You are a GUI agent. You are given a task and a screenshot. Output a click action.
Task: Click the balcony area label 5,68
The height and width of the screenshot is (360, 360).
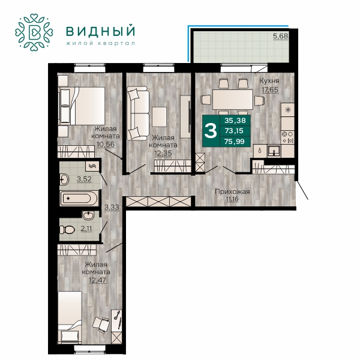click(280, 36)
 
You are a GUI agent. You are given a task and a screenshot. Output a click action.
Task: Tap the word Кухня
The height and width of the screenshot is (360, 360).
click(269, 80)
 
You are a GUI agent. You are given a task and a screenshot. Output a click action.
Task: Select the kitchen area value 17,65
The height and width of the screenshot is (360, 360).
click(270, 89)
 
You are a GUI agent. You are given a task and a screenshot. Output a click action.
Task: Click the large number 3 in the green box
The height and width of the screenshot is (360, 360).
click(211, 131)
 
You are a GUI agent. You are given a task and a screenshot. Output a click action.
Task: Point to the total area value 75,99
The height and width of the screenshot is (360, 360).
click(235, 142)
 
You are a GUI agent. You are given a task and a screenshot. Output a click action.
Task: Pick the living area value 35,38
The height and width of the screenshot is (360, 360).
click(235, 121)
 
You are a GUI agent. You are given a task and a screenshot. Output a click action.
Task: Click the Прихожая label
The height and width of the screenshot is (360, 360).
click(232, 191)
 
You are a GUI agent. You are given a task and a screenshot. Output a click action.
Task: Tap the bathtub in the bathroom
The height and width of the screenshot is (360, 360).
click(79, 199)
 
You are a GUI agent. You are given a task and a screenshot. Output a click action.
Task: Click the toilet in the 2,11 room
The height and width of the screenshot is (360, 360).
click(67, 230)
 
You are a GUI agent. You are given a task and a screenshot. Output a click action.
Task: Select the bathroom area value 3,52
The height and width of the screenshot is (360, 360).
click(84, 179)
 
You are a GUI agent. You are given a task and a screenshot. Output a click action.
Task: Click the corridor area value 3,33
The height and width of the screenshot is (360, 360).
click(112, 208)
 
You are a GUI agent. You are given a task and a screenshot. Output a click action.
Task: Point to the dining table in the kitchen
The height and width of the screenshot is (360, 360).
click(232, 100)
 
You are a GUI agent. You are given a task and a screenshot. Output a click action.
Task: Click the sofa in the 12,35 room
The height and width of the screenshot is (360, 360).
click(137, 113)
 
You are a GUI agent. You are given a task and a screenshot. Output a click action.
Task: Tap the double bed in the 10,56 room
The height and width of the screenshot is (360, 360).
click(82, 106)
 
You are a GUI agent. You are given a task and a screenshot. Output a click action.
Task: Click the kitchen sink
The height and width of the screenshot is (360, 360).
click(274, 151)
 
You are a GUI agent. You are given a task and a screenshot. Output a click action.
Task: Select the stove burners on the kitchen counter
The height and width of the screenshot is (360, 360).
click(287, 137)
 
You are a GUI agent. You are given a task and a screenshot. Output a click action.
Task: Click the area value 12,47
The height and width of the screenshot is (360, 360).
click(98, 280)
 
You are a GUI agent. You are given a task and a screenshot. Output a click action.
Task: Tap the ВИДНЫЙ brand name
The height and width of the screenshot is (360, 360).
click(100, 31)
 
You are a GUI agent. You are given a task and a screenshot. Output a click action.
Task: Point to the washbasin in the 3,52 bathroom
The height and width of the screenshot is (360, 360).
click(64, 179)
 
